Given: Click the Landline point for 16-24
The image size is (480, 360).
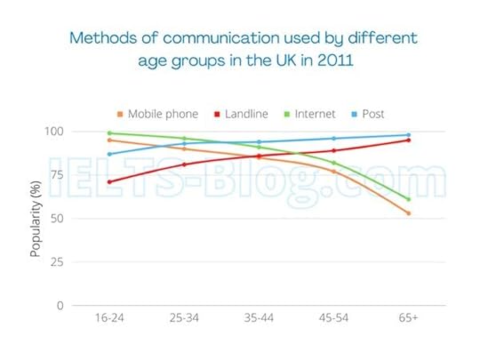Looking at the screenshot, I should (x=109, y=182).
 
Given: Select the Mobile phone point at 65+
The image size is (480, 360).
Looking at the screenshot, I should (x=409, y=213).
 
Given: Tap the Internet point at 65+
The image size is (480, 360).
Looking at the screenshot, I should (x=409, y=199).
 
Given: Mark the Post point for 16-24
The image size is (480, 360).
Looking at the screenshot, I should (x=109, y=154).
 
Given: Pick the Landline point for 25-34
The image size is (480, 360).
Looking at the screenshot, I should (x=184, y=164).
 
